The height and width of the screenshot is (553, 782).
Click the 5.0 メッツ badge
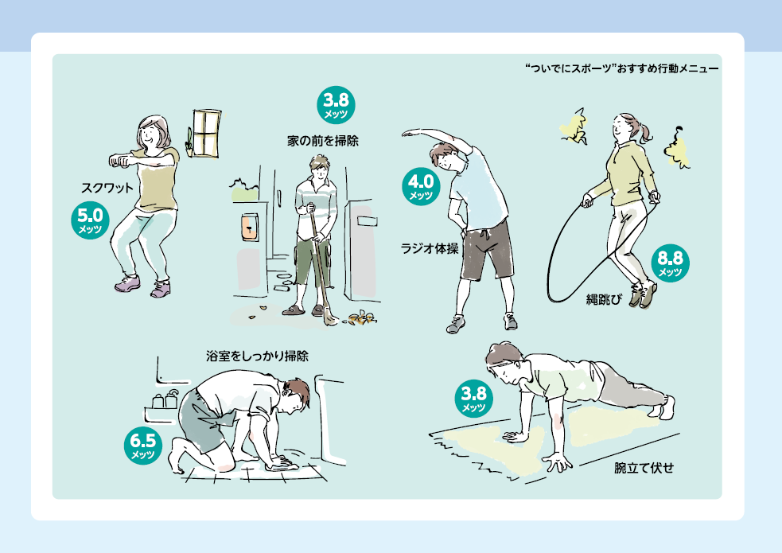[x=90, y=220]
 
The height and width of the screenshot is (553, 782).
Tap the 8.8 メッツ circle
[x=671, y=263]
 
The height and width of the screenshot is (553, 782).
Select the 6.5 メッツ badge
[x=143, y=446]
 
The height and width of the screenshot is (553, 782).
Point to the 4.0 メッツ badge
[x=421, y=186]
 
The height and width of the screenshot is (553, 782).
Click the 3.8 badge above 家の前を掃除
[x=337, y=105]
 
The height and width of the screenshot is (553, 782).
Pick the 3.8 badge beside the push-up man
[x=474, y=399]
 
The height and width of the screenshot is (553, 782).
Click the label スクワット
[x=107, y=188]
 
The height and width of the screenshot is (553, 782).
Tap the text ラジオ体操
[x=430, y=248]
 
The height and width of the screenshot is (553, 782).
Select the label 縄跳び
[x=605, y=299]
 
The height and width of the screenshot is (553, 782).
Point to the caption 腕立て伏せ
[x=644, y=468]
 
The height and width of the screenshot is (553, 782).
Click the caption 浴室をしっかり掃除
[x=257, y=356]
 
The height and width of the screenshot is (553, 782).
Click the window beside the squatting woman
[x=205, y=134]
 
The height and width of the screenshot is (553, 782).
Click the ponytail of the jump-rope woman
[x=647, y=131]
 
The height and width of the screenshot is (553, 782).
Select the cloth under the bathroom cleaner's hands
[x=282, y=465]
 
